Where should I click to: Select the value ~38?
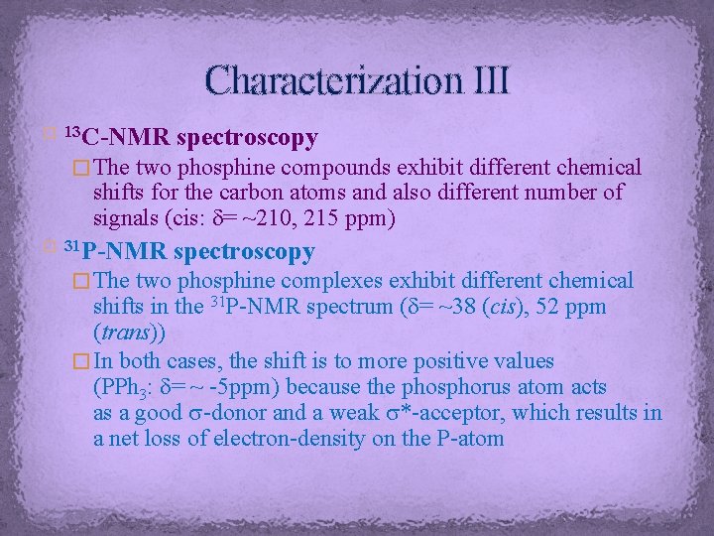511,306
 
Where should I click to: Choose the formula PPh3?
124,385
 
